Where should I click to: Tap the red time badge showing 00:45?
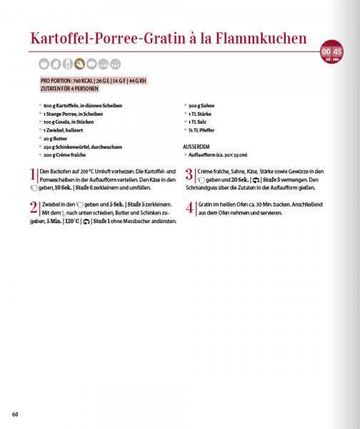click(x=331, y=51)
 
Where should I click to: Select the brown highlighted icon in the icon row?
click(x=79, y=64)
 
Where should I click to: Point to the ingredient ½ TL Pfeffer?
click(x=201, y=130)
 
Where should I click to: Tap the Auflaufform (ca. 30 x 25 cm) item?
click(x=216, y=154)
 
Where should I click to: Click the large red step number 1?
click(x=33, y=175)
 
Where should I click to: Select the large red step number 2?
click(x=34, y=208)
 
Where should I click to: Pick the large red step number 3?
click(x=189, y=175)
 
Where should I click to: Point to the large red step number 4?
click(x=190, y=208)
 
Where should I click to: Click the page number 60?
click(x=15, y=414)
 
